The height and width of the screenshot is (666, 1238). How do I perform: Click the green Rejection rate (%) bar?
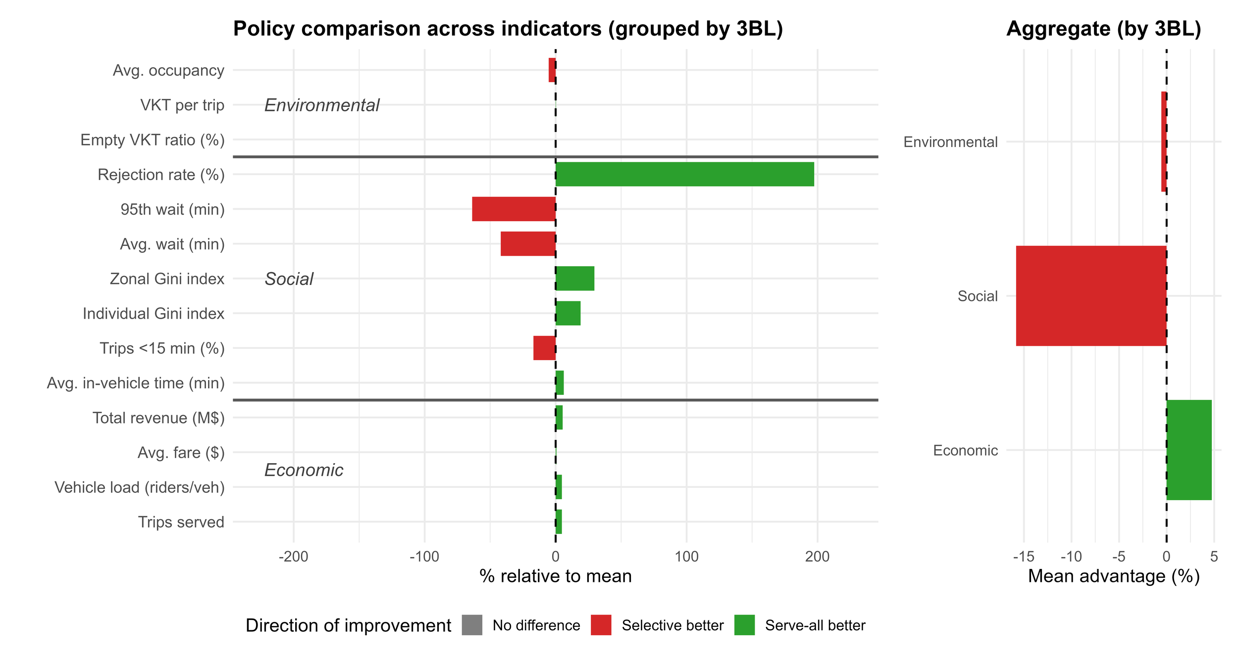(x=684, y=174)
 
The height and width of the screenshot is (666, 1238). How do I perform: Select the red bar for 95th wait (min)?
(x=514, y=209)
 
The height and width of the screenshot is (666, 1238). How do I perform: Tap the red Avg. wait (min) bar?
(x=528, y=243)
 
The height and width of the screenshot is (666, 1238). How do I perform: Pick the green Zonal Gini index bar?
(x=575, y=278)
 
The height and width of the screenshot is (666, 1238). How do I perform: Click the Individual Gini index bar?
(x=568, y=313)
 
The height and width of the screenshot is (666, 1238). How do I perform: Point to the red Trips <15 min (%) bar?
(x=544, y=348)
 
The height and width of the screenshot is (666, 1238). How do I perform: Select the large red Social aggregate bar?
(x=1091, y=296)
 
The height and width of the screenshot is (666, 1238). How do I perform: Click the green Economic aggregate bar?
(x=1189, y=450)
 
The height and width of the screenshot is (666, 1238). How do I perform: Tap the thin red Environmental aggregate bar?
(x=1164, y=142)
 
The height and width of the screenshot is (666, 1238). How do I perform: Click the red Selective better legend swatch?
(x=601, y=625)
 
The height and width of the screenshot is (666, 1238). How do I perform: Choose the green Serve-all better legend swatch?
(x=744, y=625)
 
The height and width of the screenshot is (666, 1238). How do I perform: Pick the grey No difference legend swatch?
(x=472, y=625)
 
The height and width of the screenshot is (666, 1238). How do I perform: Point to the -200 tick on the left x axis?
(x=293, y=557)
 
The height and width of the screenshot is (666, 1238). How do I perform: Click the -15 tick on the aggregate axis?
(x=1024, y=557)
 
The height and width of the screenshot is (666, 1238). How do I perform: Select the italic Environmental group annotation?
(x=322, y=105)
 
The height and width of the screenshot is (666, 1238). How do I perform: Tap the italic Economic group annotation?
(x=304, y=470)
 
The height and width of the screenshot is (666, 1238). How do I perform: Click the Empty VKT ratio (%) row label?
(x=153, y=140)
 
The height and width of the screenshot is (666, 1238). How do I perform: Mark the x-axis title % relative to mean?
(x=555, y=576)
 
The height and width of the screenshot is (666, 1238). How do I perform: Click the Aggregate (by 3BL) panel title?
(x=1104, y=29)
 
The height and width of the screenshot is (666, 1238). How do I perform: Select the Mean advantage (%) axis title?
(x=1114, y=576)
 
